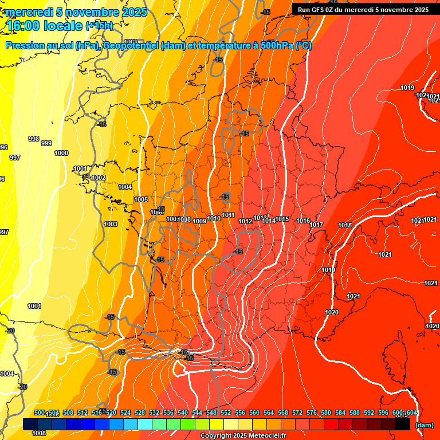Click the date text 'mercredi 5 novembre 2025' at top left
point(76,12)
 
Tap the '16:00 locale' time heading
point(45,25)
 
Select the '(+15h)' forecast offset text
point(100,26)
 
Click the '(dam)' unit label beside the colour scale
point(425,425)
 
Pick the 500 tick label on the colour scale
point(40,412)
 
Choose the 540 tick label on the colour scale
point(183,412)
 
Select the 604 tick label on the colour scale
point(411,412)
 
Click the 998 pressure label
point(34,139)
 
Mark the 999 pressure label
point(46,143)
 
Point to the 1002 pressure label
point(99,178)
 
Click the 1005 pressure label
point(141,199)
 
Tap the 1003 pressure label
point(111,224)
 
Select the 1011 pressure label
point(228,215)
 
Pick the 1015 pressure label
point(282,219)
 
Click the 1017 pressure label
point(317,225)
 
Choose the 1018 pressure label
point(345,225)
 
